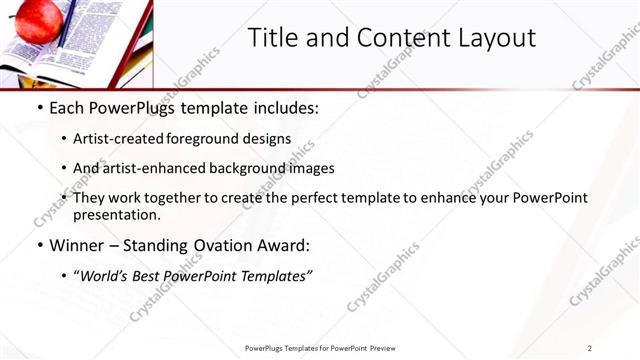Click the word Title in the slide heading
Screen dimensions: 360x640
click(x=274, y=38)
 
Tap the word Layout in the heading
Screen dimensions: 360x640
click(x=497, y=38)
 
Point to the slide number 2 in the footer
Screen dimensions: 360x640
click(x=590, y=348)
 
